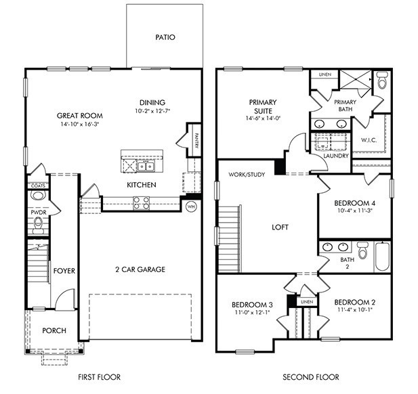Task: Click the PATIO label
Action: pos(164,37)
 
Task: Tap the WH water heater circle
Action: pos(191,206)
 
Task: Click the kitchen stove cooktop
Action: pos(141,200)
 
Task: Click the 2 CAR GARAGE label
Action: pos(140,269)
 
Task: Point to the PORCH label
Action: pos(54,330)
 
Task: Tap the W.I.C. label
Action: pos(369,141)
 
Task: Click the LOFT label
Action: pos(280,227)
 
